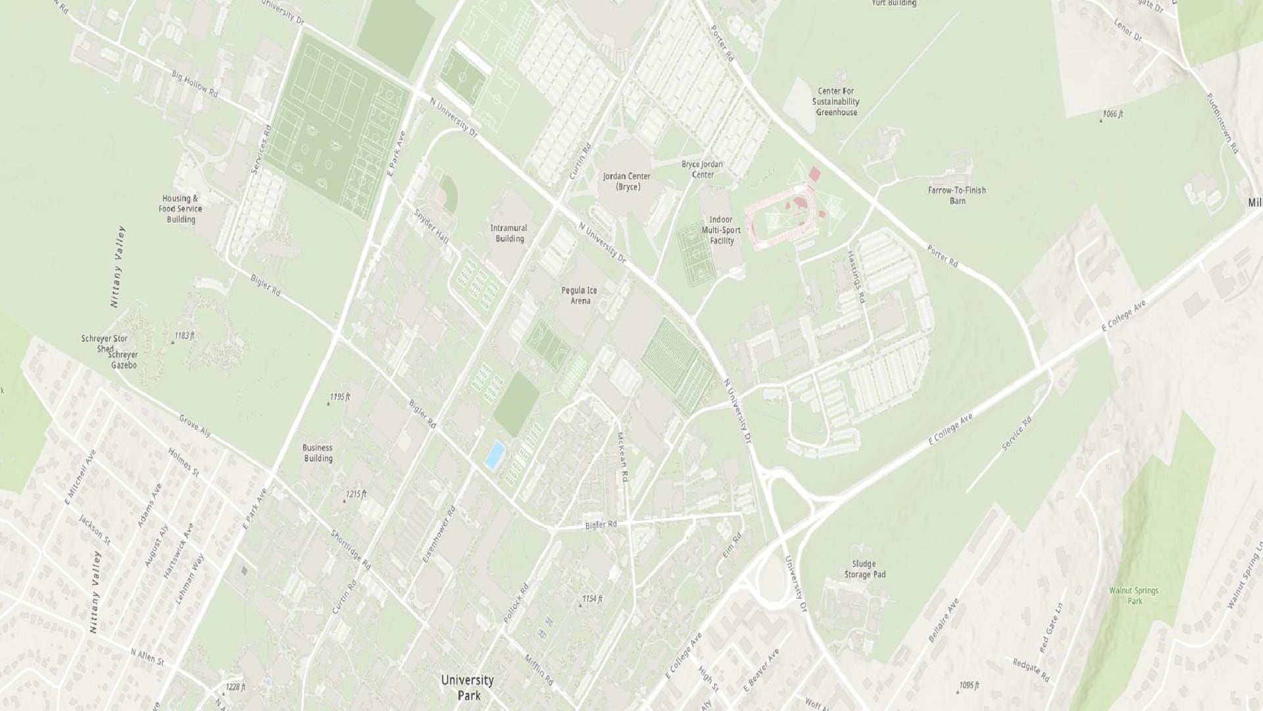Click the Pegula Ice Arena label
[x=579, y=296]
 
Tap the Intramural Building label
[x=508, y=234]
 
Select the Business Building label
[x=318, y=453]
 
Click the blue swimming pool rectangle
[x=495, y=455]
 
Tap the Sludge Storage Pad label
[x=864, y=569]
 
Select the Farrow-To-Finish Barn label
[x=956, y=196]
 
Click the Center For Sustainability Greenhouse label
[x=835, y=102]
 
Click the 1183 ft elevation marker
[x=182, y=336]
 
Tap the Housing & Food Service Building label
[x=180, y=209]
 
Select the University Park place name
[x=467, y=687]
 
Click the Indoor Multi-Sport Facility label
[x=721, y=230]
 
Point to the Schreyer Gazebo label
[x=124, y=359]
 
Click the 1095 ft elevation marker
[x=968, y=686]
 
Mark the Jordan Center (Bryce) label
[x=626, y=182]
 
